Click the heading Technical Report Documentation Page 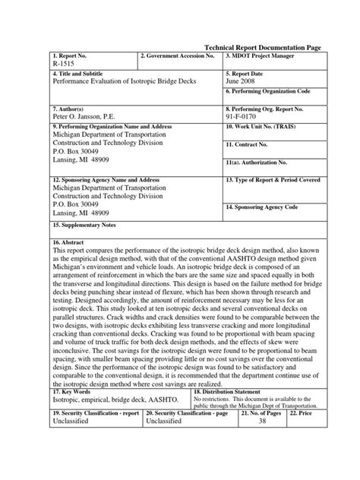(x=263, y=47)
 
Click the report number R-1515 (x=65, y=65)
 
